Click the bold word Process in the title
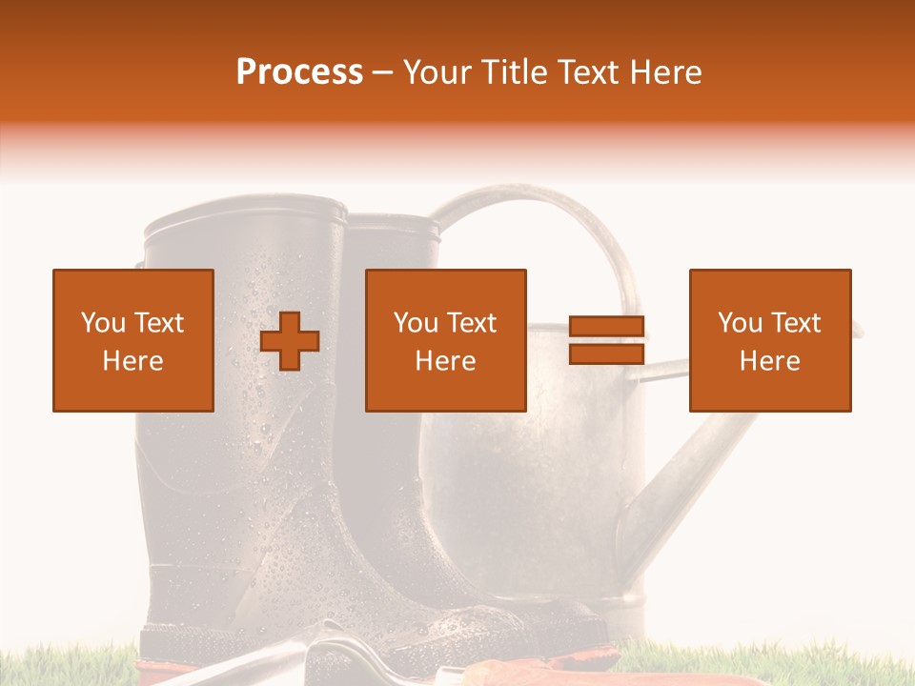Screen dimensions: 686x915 point(299,72)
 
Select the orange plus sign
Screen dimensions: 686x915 point(290,341)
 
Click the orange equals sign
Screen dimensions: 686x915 point(606,340)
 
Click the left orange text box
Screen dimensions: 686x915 point(133,340)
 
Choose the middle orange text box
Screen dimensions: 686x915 point(446,340)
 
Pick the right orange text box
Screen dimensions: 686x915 point(770,340)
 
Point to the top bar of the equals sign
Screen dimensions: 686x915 point(606,327)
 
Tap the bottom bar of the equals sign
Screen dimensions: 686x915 point(606,353)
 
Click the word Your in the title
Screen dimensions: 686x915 point(435,72)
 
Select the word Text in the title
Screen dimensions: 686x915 point(589,72)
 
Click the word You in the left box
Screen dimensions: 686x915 point(103,323)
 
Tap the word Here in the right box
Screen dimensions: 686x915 point(770,360)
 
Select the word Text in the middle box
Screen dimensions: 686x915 point(472,323)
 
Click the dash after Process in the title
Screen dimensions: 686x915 point(383,72)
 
